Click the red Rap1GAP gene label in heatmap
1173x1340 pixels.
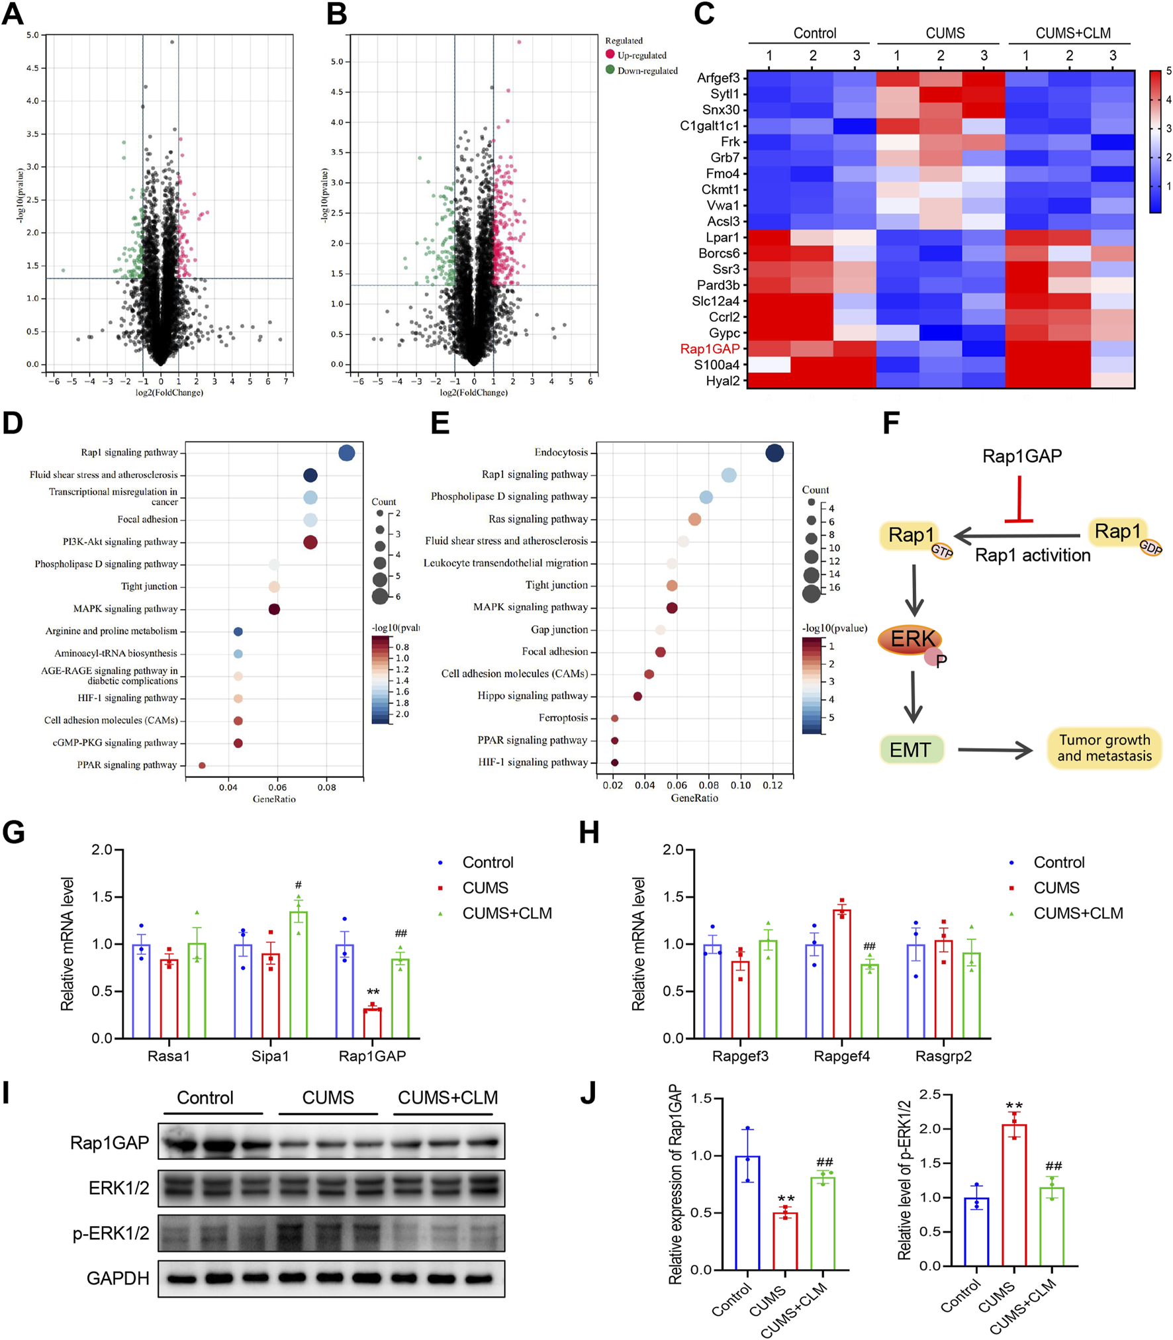click(x=709, y=349)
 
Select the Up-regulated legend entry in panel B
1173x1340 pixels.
click(x=641, y=55)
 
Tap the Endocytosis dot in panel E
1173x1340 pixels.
click(x=774, y=453)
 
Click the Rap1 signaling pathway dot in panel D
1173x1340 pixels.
click(x=346, y=453)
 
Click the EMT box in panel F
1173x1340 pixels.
click(x=911, y=749)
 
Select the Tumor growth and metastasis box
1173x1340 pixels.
click(x=1103, y=748)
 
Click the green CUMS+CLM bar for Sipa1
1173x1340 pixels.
click(x=299, y=973)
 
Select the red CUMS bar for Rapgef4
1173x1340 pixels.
click(x=842, y=973)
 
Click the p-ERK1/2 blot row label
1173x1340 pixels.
click(x=111, y=1233)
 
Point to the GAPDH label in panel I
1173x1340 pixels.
click(x=118, y=1278)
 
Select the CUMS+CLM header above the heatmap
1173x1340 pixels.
click(x=1072, y=33)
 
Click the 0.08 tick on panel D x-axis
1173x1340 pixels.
click(x=326, y=787)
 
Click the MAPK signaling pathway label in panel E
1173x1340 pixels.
click(x=530, y=607)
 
